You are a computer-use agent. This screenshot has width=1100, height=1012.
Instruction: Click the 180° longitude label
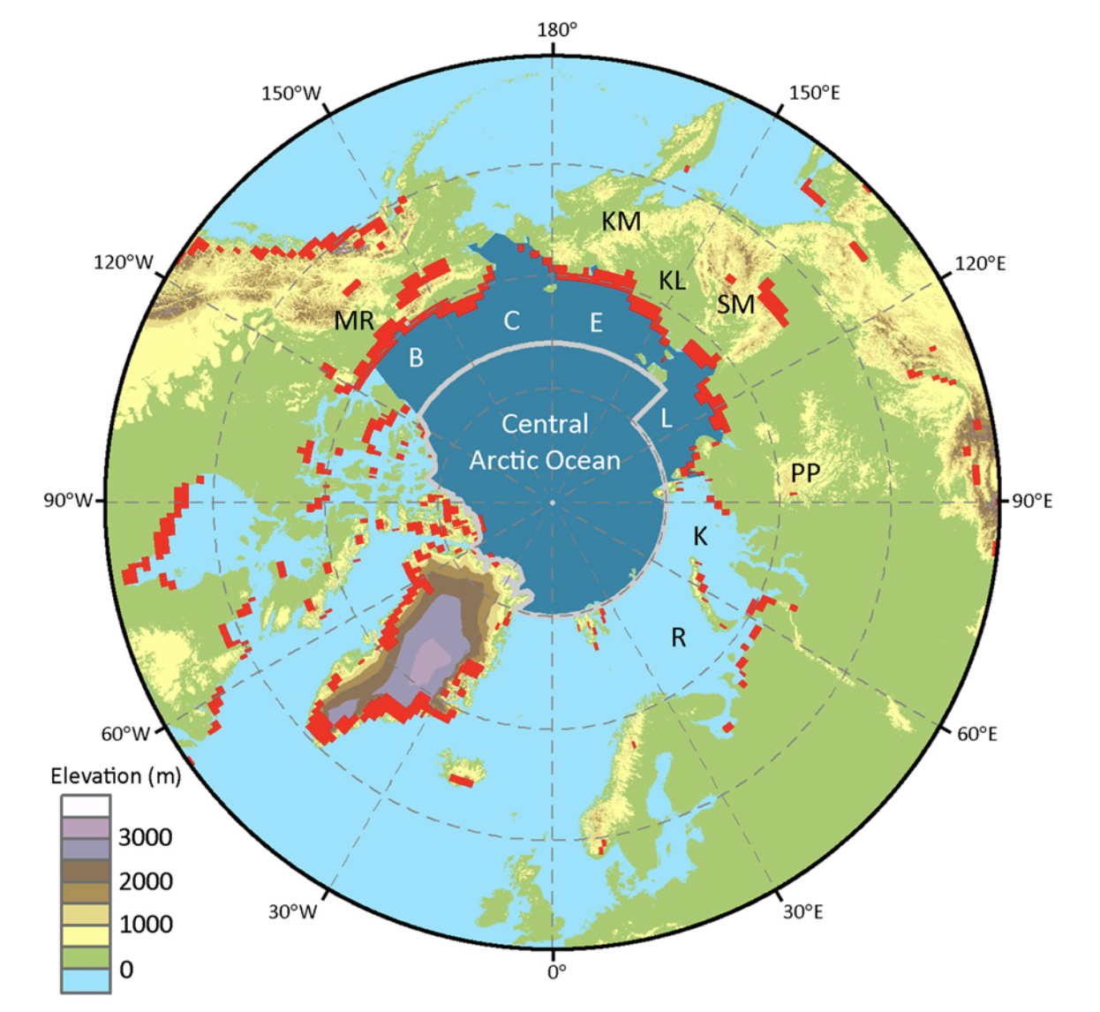tap(556, 30)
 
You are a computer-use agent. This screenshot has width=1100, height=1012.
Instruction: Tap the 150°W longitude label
tap(290, 94)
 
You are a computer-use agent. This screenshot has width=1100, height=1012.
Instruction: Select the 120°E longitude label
tap(980, 263)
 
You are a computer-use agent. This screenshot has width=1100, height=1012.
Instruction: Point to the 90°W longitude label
tap(68, 501)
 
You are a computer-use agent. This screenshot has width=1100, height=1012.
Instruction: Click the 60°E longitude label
tap(976, 734)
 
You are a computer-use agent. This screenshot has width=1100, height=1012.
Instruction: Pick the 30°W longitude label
tap(292, 911)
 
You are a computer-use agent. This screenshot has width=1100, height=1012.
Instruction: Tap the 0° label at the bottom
tap(555, 972)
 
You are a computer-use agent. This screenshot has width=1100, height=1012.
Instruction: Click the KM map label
tap(621, 222)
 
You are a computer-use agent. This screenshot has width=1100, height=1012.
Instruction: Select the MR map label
tap(354, 321)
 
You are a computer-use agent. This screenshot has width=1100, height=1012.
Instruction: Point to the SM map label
tap(735, 305)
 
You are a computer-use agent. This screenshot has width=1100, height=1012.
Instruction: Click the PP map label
tap(804, 473)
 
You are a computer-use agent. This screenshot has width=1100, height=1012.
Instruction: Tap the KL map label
tap(672, 281)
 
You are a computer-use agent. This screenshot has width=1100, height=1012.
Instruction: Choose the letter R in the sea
tap(678, 638)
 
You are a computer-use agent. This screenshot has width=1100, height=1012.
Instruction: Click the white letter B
tap(416, 358)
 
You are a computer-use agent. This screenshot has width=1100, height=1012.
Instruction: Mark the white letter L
tap(667, 419)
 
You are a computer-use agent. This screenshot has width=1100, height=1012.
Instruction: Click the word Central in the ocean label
tap(545, 424)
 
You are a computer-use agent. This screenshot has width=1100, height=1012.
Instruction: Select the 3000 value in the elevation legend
tap(145, 837)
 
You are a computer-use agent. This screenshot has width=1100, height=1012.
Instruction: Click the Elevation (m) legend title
tap(116, 776)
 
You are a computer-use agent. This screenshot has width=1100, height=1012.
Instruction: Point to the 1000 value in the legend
tap(146, 925)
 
